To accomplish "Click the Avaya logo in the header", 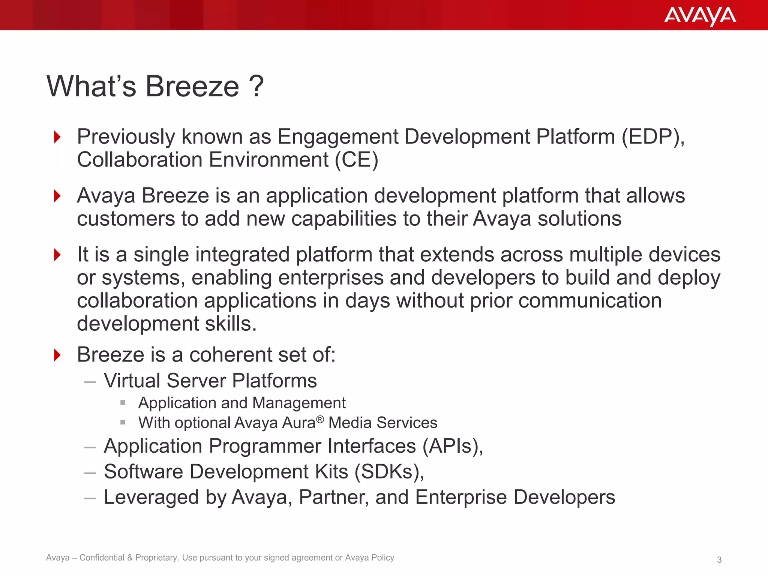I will (x=700, y=16).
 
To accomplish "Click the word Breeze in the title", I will (x=192, y=86).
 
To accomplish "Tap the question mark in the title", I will (x=256, y=86).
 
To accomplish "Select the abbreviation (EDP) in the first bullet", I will (x=652, y=136).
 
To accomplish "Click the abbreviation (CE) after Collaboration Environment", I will (x=356, y=160).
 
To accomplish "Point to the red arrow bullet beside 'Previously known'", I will (x=57, y=137).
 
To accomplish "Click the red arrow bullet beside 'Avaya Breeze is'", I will (x=57, y=196).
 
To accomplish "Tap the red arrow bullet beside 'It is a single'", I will (x=57, y=255).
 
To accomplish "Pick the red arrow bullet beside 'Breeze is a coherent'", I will (x=57, y=355).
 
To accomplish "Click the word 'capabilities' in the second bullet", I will (x=344, y=219).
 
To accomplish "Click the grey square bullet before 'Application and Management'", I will (x=123, y=403).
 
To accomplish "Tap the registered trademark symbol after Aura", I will (x=320, y=419).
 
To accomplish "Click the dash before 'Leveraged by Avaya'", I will (x=90, y=498).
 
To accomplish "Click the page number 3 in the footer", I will (x=719, y=560).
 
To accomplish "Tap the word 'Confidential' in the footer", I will (x=102, y=558).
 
